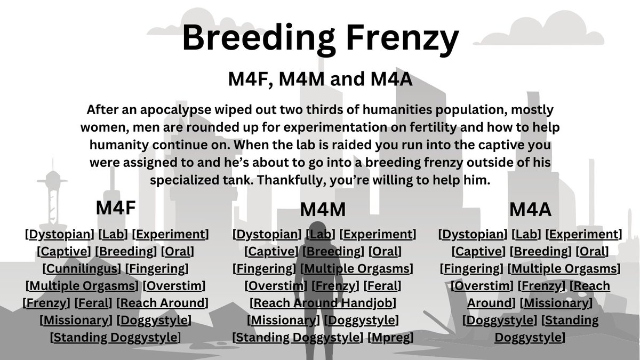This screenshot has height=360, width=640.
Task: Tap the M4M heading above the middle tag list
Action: pos(323,210)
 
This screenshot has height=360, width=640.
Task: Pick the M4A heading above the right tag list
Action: pos(530,210)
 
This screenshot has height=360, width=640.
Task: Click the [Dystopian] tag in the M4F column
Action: pos(60,234)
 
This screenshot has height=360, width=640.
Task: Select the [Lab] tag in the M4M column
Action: pos(320,234)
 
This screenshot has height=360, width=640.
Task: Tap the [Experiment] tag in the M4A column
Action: pos(583,234)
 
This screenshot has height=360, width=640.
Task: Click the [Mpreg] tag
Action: pos(390,338)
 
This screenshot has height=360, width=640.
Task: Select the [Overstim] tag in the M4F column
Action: pos(174,286)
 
